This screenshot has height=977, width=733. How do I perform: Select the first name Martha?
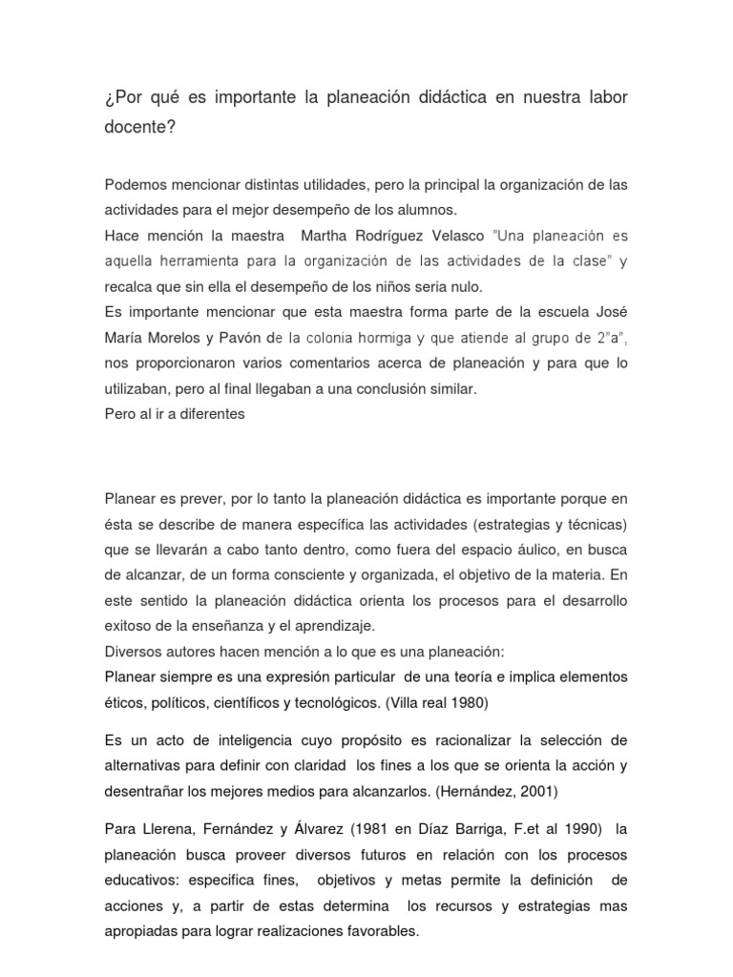point(327,235)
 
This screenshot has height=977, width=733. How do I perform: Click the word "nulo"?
point(463,286)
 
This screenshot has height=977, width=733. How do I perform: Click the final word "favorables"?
point(379,930)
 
